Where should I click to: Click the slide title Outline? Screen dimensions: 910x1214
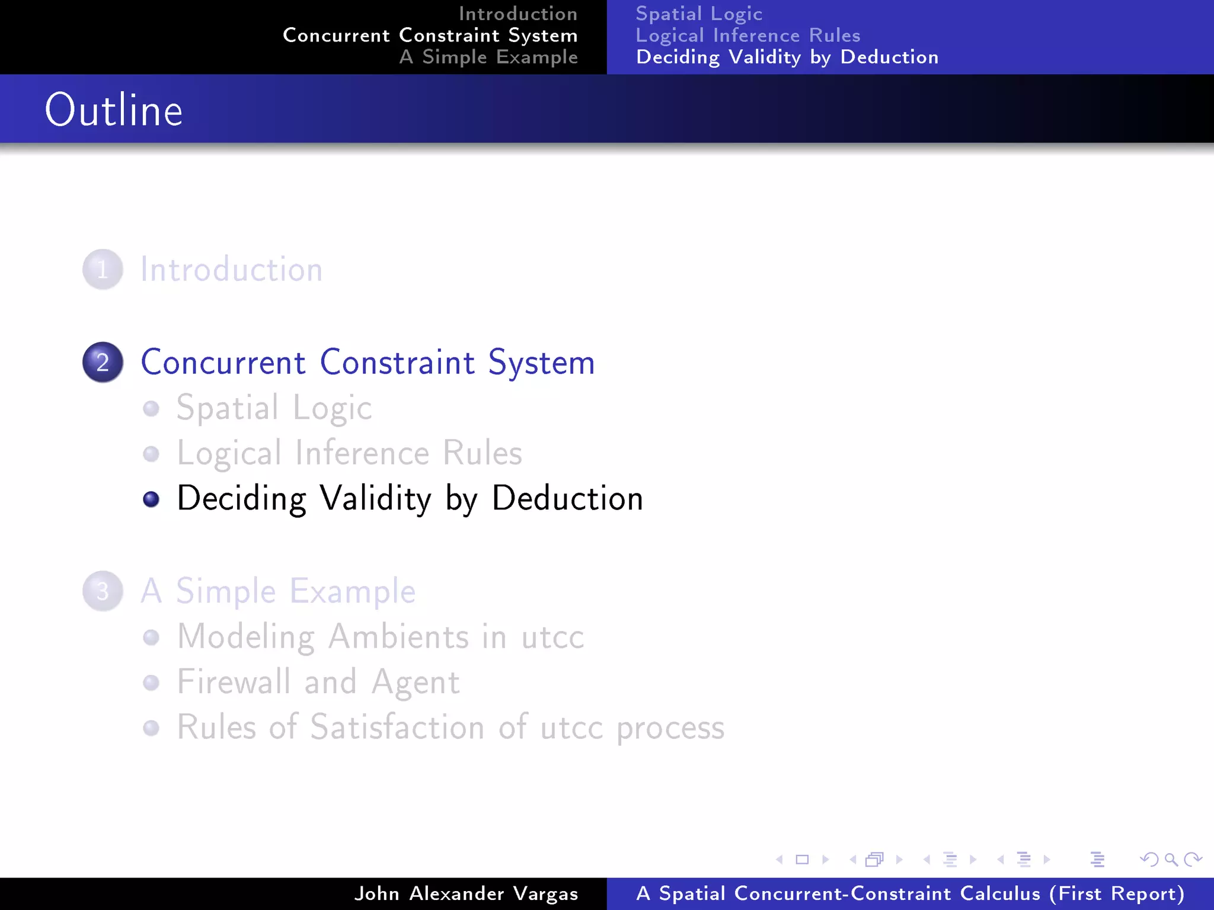pyautogui.click(x=114, y=110)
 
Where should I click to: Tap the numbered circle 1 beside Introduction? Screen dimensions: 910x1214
pyautogui.click(x=103, y=270)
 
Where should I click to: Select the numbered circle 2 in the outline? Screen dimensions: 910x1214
pyautogui.click(x=103, y=362)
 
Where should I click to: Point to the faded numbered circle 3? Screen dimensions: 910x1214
pyautogui.click(x=103, y=591)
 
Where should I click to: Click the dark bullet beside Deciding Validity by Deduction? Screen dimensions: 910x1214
pyautogui.click(x=151, y=499)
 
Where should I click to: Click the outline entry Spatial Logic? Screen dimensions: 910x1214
pyautogui.click(x=274, y=408)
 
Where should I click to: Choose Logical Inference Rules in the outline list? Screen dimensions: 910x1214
pyautogui.click(x=350, y=453)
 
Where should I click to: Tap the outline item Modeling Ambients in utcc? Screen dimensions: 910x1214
pyautogui.click(x=381, y=637)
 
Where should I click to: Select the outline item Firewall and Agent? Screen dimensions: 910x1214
pyautogui.click(x=318, y=682)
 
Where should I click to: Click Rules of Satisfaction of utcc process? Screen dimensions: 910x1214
pyautogui.click(x=451, y=727)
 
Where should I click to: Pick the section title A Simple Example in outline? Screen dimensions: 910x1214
pyautogui.click(x=278, y=591)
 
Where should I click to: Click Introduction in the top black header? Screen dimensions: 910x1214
pyautogui.click(x=518, y=14)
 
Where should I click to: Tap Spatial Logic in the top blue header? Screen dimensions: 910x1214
pyautogui.click(x=699, y=14)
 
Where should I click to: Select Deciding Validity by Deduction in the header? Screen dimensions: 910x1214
pyautogui.click(x=787, y=57)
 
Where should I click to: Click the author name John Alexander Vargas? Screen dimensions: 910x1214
pyautogui.click(x=466, y=893)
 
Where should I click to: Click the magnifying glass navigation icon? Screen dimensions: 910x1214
pyautogui.click(x=1171, y=859)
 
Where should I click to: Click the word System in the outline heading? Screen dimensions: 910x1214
pyautogui.click(x=541, y=363)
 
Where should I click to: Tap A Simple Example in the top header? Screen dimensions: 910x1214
pyautogui.click(x=488, y=57)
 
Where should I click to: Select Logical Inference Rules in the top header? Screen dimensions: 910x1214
pyautogui.click(x=748, y=36)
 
